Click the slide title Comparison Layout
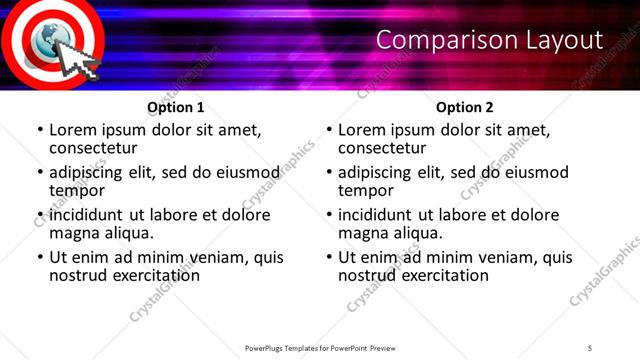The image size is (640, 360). pyautogui.click(x=489, y=40)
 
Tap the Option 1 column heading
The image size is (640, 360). pyautogui.click(x=175, y=107)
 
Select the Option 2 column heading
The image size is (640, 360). pyautogui.click(x=464, y=107)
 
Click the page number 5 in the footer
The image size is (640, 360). pyautogui.click(x=590, y=347)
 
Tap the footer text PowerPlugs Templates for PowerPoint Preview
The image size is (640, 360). pyautogui.click(x=320, y=347)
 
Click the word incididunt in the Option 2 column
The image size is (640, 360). pyautogui.click(x=376, y=215)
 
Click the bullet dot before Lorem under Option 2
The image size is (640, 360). pyautogui.click(x=329, y=131)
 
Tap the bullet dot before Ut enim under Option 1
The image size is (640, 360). pyautogui.click(x=40, y=258)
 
